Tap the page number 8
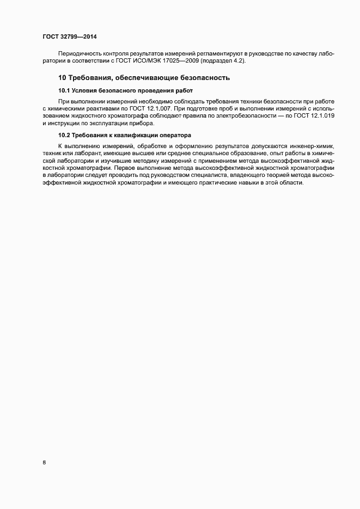(44, 463)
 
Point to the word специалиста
(210, 176)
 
